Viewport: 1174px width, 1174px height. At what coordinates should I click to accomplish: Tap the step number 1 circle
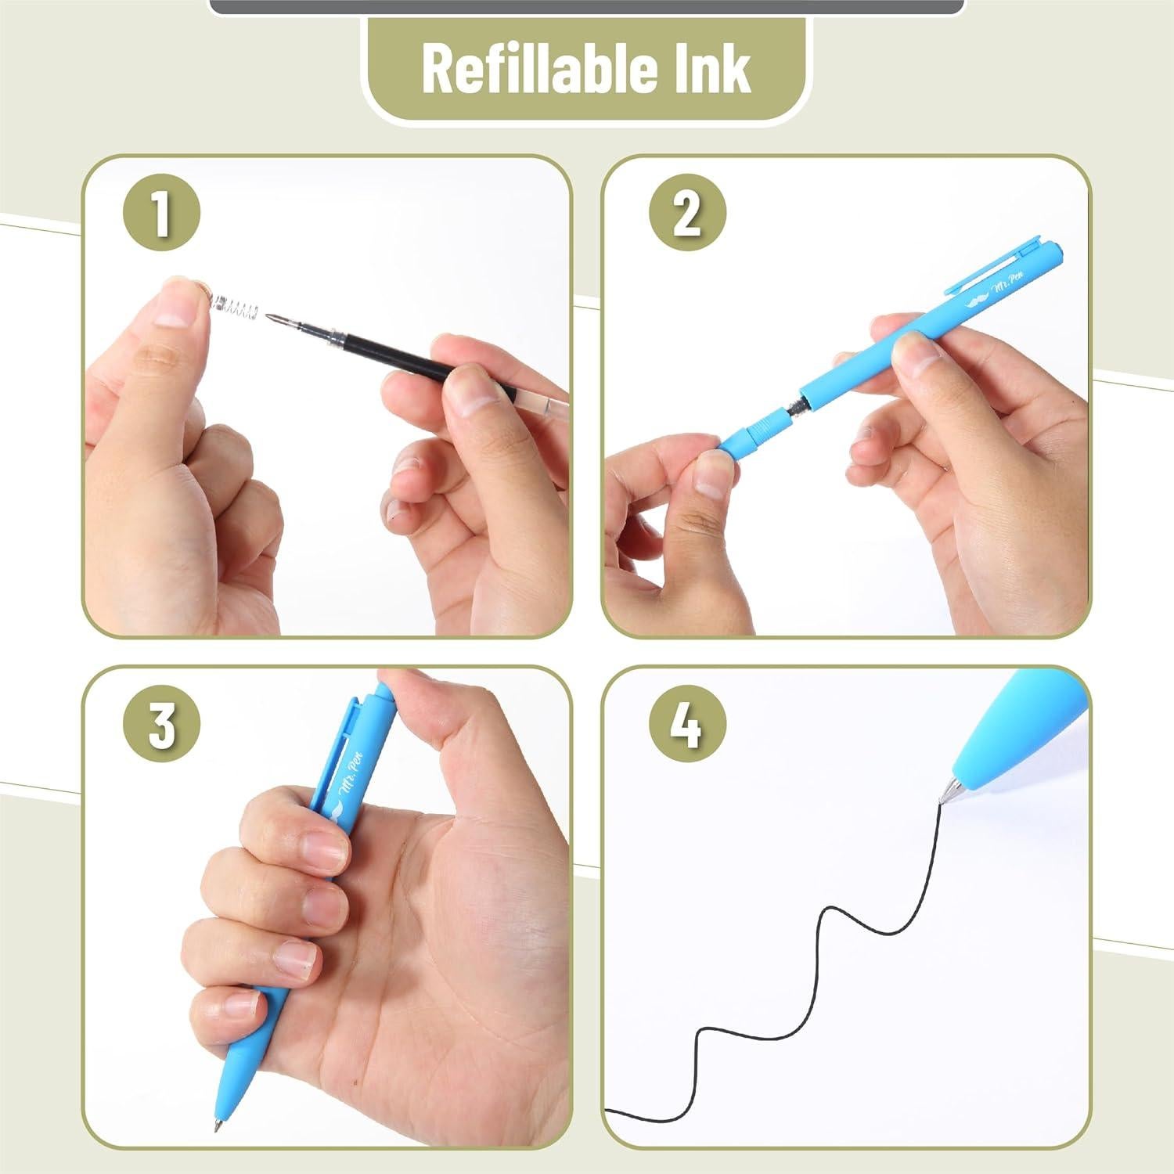click(x=161, y=213)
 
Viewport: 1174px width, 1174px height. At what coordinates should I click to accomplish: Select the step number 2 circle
click(x=687, y=213)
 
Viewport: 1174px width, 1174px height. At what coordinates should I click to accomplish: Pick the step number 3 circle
click(x=161, y=725)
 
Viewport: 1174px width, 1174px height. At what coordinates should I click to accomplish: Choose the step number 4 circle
click(x=687, y=725)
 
